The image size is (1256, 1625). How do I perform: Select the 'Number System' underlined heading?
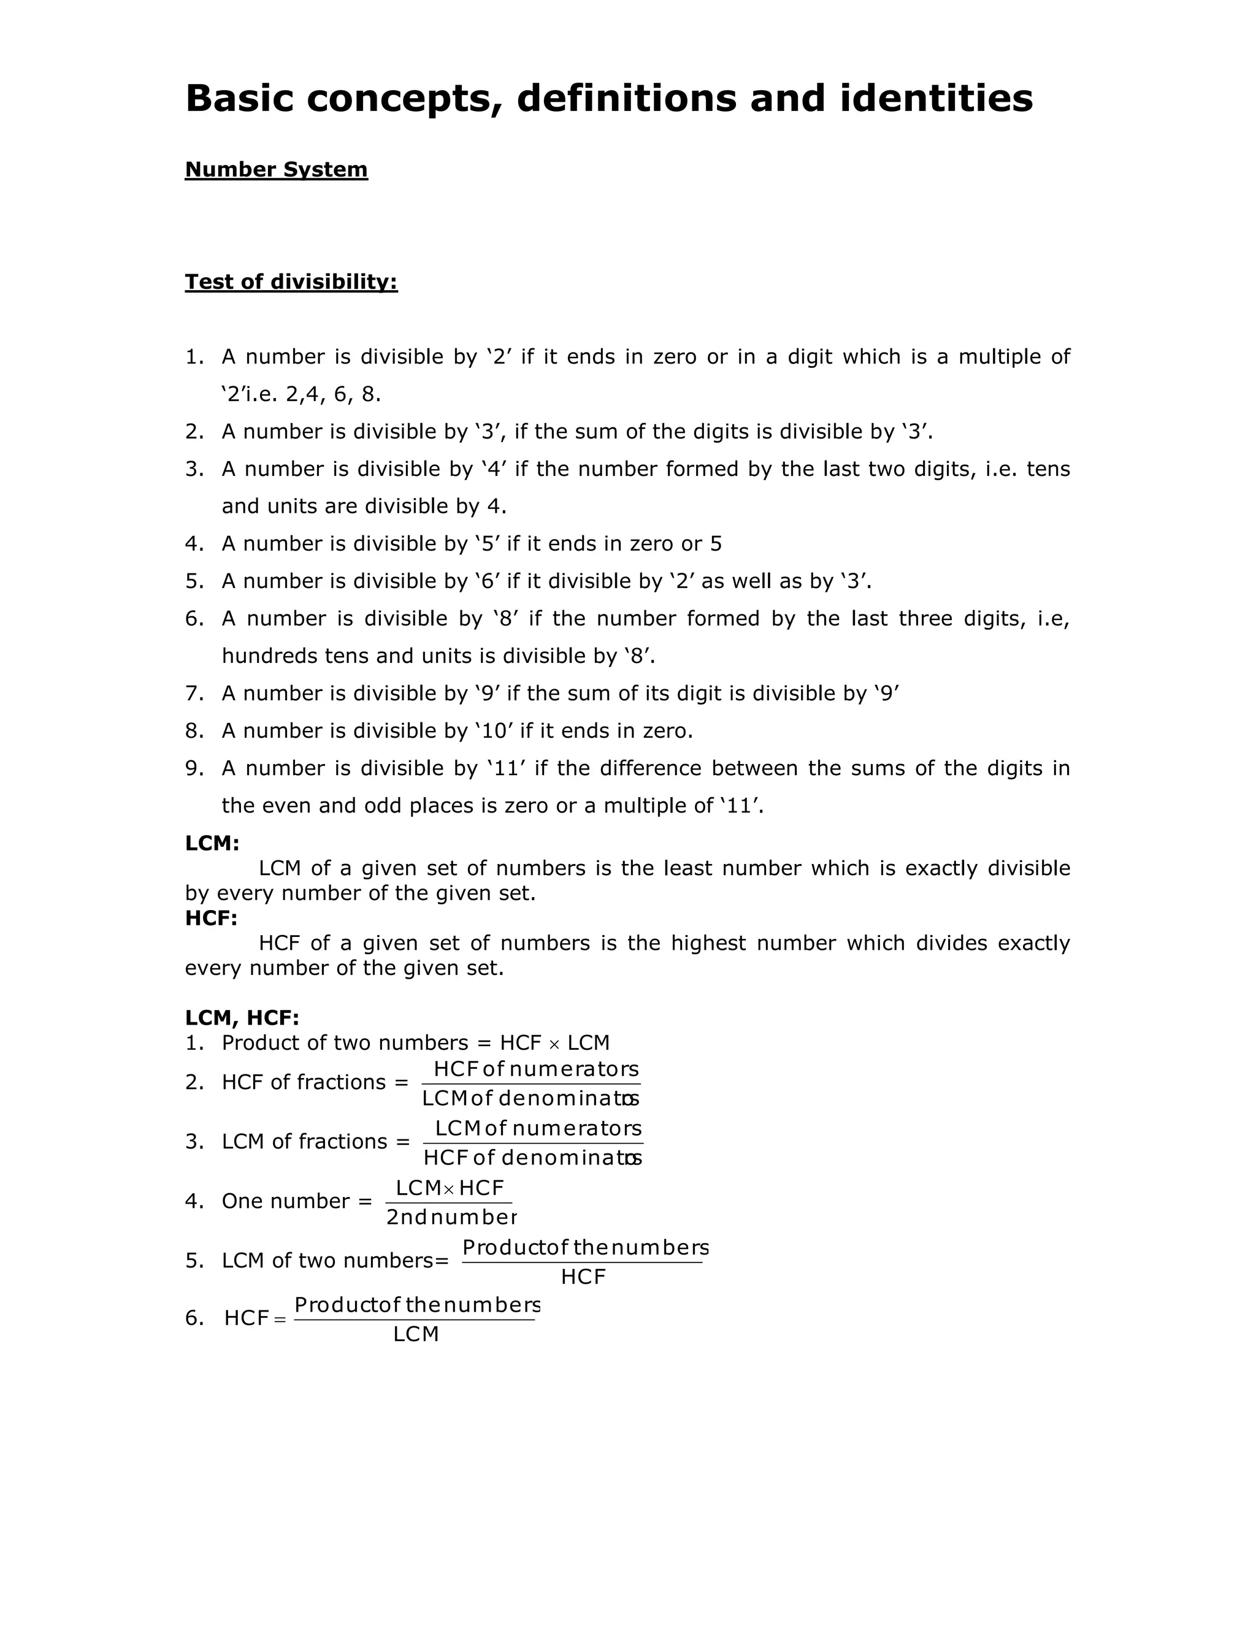point(276,170)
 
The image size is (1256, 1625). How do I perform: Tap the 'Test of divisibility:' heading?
point(291,282)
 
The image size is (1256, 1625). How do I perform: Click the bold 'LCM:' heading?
point(212,843)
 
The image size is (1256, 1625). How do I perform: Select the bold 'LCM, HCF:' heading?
point(242,1018)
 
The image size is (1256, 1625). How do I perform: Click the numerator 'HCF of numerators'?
point(536,1069)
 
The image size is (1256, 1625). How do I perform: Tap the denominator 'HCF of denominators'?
point(532,1158)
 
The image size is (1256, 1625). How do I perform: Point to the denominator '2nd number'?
point(451,1217)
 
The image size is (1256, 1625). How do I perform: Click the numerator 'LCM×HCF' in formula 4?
point(450,1188)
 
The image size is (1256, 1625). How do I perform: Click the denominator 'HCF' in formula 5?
point(583,1277)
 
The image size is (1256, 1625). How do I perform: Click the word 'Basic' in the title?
point(239,98)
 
